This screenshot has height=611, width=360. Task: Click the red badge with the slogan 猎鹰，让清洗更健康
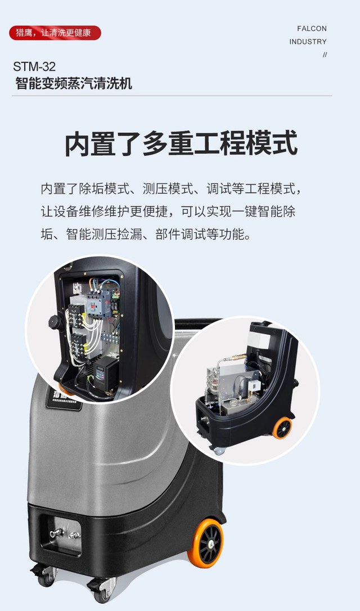pyautogui.click(x=55, y=33)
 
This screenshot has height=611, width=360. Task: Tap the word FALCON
pyautogui.click(x=312, y=29)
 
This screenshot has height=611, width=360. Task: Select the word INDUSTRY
pyautogui.click(x=308, y=42)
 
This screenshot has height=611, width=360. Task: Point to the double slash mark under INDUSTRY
pyautogui.click(x=325, y=55)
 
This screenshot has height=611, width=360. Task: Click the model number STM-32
pyautogui.click(x=34, y=66)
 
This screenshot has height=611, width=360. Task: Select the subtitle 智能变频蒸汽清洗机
pyautogui.click(x=74, y=83)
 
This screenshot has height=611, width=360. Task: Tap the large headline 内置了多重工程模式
pyautogui.click(x=181, y=143)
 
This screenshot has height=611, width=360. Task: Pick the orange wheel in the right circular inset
pyautogui.click(x=282, y=428)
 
